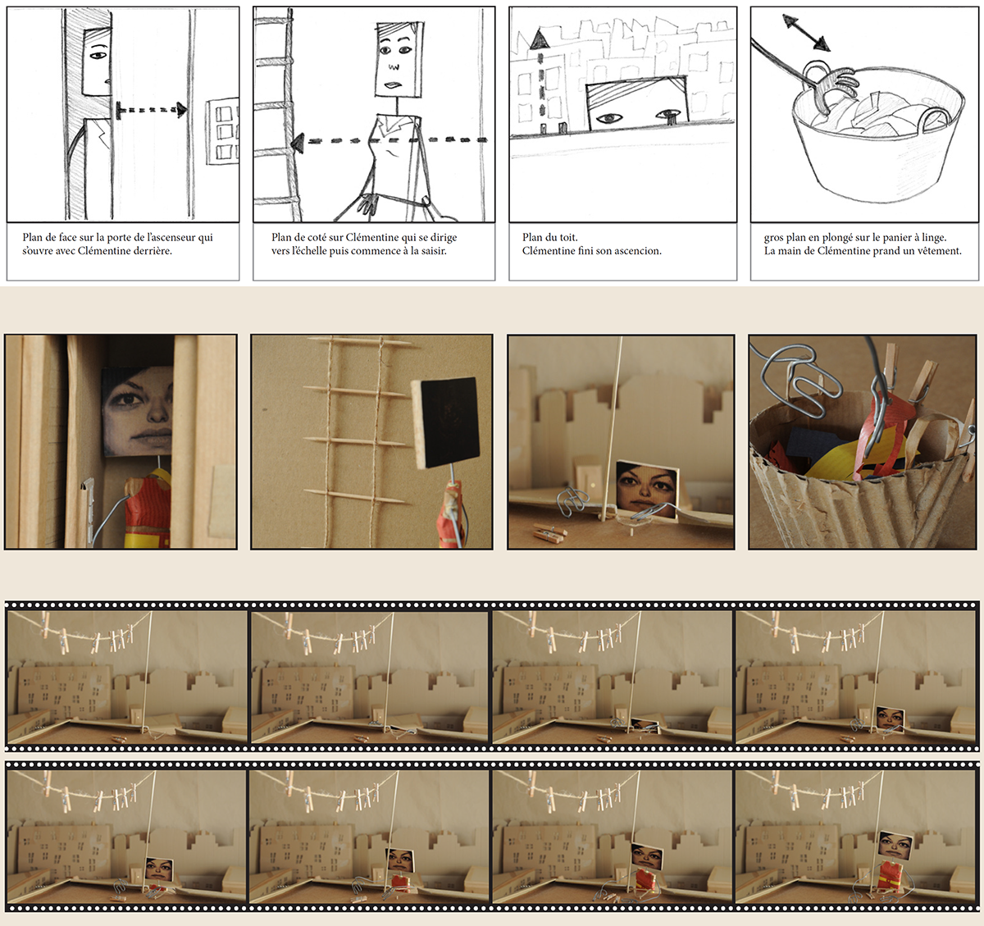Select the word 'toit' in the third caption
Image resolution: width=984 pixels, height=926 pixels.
coord(567,238)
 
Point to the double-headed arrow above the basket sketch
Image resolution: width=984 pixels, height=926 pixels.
coord(805,32)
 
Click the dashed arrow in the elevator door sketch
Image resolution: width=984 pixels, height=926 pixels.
coord(151,110)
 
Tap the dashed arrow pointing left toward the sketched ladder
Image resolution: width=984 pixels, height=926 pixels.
coord(389,141)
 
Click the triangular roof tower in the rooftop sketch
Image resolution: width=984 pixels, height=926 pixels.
coord(539,39)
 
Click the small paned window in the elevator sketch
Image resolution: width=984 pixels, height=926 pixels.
coord(222,131)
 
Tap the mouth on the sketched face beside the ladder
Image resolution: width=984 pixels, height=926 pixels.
coord(394,85)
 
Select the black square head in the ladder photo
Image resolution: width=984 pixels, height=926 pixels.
coord(445,422)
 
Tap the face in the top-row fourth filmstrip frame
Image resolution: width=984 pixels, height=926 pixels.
coord(890,718)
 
